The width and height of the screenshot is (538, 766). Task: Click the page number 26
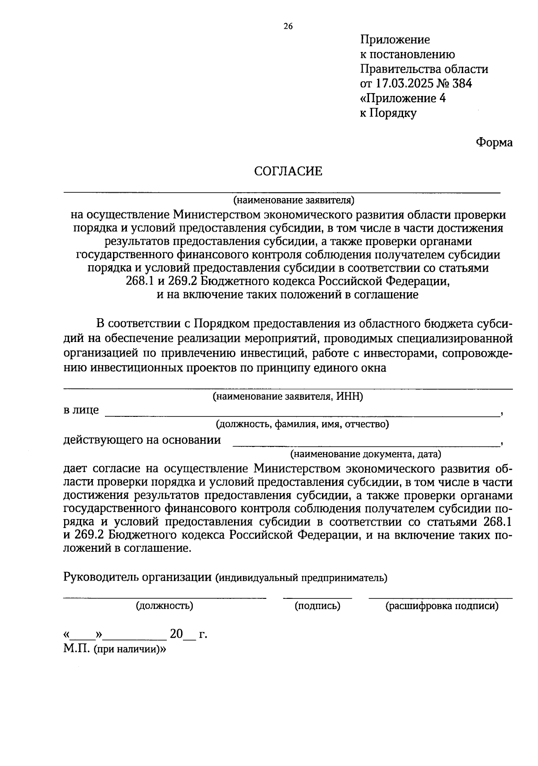click(288, 26)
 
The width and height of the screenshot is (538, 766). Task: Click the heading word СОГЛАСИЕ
click(288, 171)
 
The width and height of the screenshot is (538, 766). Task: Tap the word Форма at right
click(494, 143)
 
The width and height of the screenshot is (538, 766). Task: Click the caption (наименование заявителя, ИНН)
click(287, 396)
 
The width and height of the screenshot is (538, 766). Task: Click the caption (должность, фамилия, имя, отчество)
click(302, 424)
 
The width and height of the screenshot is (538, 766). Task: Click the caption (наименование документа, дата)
click(365, 454)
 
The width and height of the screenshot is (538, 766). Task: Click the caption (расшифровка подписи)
click(442, 606)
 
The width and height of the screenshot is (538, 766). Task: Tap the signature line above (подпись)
click(317, 597)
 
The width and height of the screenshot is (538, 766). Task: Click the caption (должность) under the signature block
click(165, 606)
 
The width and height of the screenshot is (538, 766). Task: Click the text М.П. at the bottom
click(77, 649)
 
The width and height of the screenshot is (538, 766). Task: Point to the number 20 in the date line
click(176, 634)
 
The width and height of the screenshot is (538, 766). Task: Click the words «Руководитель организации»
click(138, 577)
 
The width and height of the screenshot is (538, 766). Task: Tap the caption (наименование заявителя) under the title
click(294, 199)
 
